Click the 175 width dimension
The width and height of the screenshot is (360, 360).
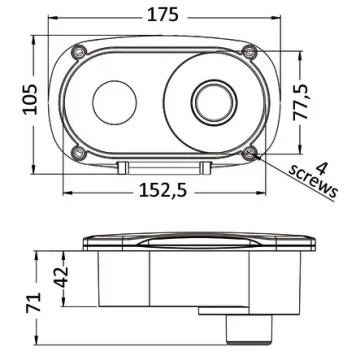(x=163, y=15)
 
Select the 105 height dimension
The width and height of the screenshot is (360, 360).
(x=30, y=99)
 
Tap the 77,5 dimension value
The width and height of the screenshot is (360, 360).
(x=301, y=102)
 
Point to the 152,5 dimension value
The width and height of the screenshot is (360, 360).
(x=163, y=191)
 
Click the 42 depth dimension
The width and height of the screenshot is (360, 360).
(x=62, y=277)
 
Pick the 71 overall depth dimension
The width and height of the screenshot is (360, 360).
(x=33, y=302)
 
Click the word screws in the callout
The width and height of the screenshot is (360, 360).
(x=313, y=182)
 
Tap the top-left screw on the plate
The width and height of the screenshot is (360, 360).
(x=79, y=52)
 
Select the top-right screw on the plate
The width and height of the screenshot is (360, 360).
(x=249, y=52)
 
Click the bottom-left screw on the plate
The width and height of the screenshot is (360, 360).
(x=79, y=153)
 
